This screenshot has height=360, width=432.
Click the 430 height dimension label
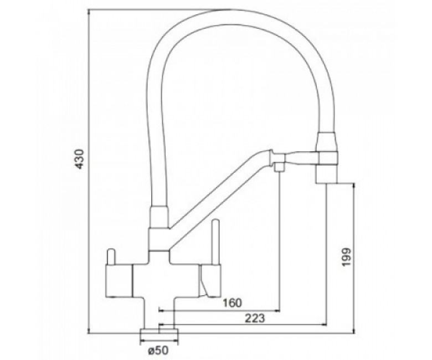pos(80,159)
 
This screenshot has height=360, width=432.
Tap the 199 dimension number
pos(346,257)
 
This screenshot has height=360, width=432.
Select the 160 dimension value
pos(232,303)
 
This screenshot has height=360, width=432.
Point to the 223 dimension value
pos(255,318)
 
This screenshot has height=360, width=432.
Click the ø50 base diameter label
pos(158,351)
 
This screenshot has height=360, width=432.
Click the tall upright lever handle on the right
pos(215,242)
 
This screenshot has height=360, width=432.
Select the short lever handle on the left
pos(111,257)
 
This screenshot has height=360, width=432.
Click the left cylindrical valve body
pos(119,281)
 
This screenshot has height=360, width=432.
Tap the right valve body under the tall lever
pos(210,281)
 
